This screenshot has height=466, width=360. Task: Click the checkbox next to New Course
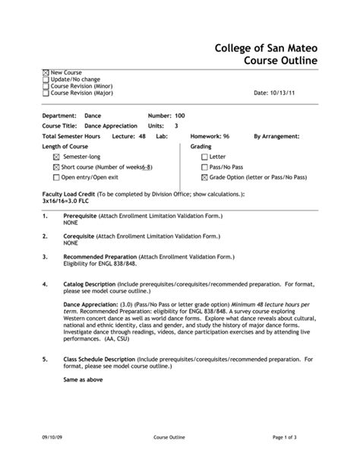click(46, 72)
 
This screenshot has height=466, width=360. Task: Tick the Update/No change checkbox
click(46, 79)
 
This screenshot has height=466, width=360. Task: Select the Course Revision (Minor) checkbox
click(46, 86)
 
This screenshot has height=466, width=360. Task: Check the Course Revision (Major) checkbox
click(46, 93)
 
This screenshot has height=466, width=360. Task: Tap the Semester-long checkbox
click(56, 156)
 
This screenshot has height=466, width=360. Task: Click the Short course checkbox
click(56, 166)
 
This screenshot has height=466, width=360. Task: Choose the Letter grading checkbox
click(204, 156)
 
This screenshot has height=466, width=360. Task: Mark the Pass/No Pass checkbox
click(204, 166)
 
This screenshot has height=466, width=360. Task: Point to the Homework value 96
click(226, 135)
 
